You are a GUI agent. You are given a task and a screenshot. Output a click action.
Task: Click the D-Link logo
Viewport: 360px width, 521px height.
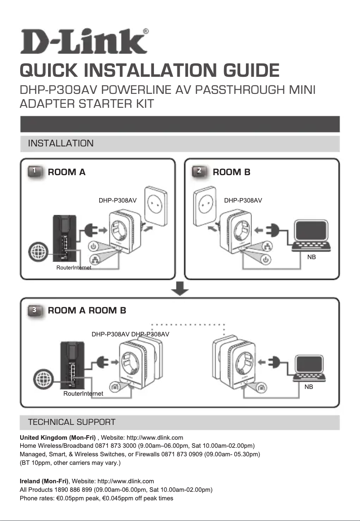(x=84, y=42)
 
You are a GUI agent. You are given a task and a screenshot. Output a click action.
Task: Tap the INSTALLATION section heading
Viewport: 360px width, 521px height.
(x=61, y=144)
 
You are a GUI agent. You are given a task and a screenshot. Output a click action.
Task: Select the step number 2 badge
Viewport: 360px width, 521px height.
(x=200, y=172)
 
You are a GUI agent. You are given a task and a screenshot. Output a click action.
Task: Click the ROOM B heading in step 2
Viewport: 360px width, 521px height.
(x=231, y=172)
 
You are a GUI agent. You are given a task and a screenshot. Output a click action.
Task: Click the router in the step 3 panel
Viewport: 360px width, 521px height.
(x=71, y=365)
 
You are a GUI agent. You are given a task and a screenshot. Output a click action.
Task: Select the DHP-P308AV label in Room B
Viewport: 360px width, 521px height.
(x=243, y=200)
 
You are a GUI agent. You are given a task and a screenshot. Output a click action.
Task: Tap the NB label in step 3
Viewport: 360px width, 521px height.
(x=308, y=386)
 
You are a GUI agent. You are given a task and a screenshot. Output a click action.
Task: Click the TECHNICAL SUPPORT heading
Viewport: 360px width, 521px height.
(x=71, y=422)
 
